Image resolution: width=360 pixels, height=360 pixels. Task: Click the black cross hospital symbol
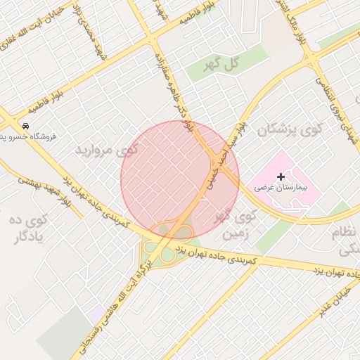[x=281, y=176]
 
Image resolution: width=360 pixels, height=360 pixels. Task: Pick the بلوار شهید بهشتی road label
[x=44, y=187]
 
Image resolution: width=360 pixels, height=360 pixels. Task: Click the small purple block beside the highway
[x=94, y=314]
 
